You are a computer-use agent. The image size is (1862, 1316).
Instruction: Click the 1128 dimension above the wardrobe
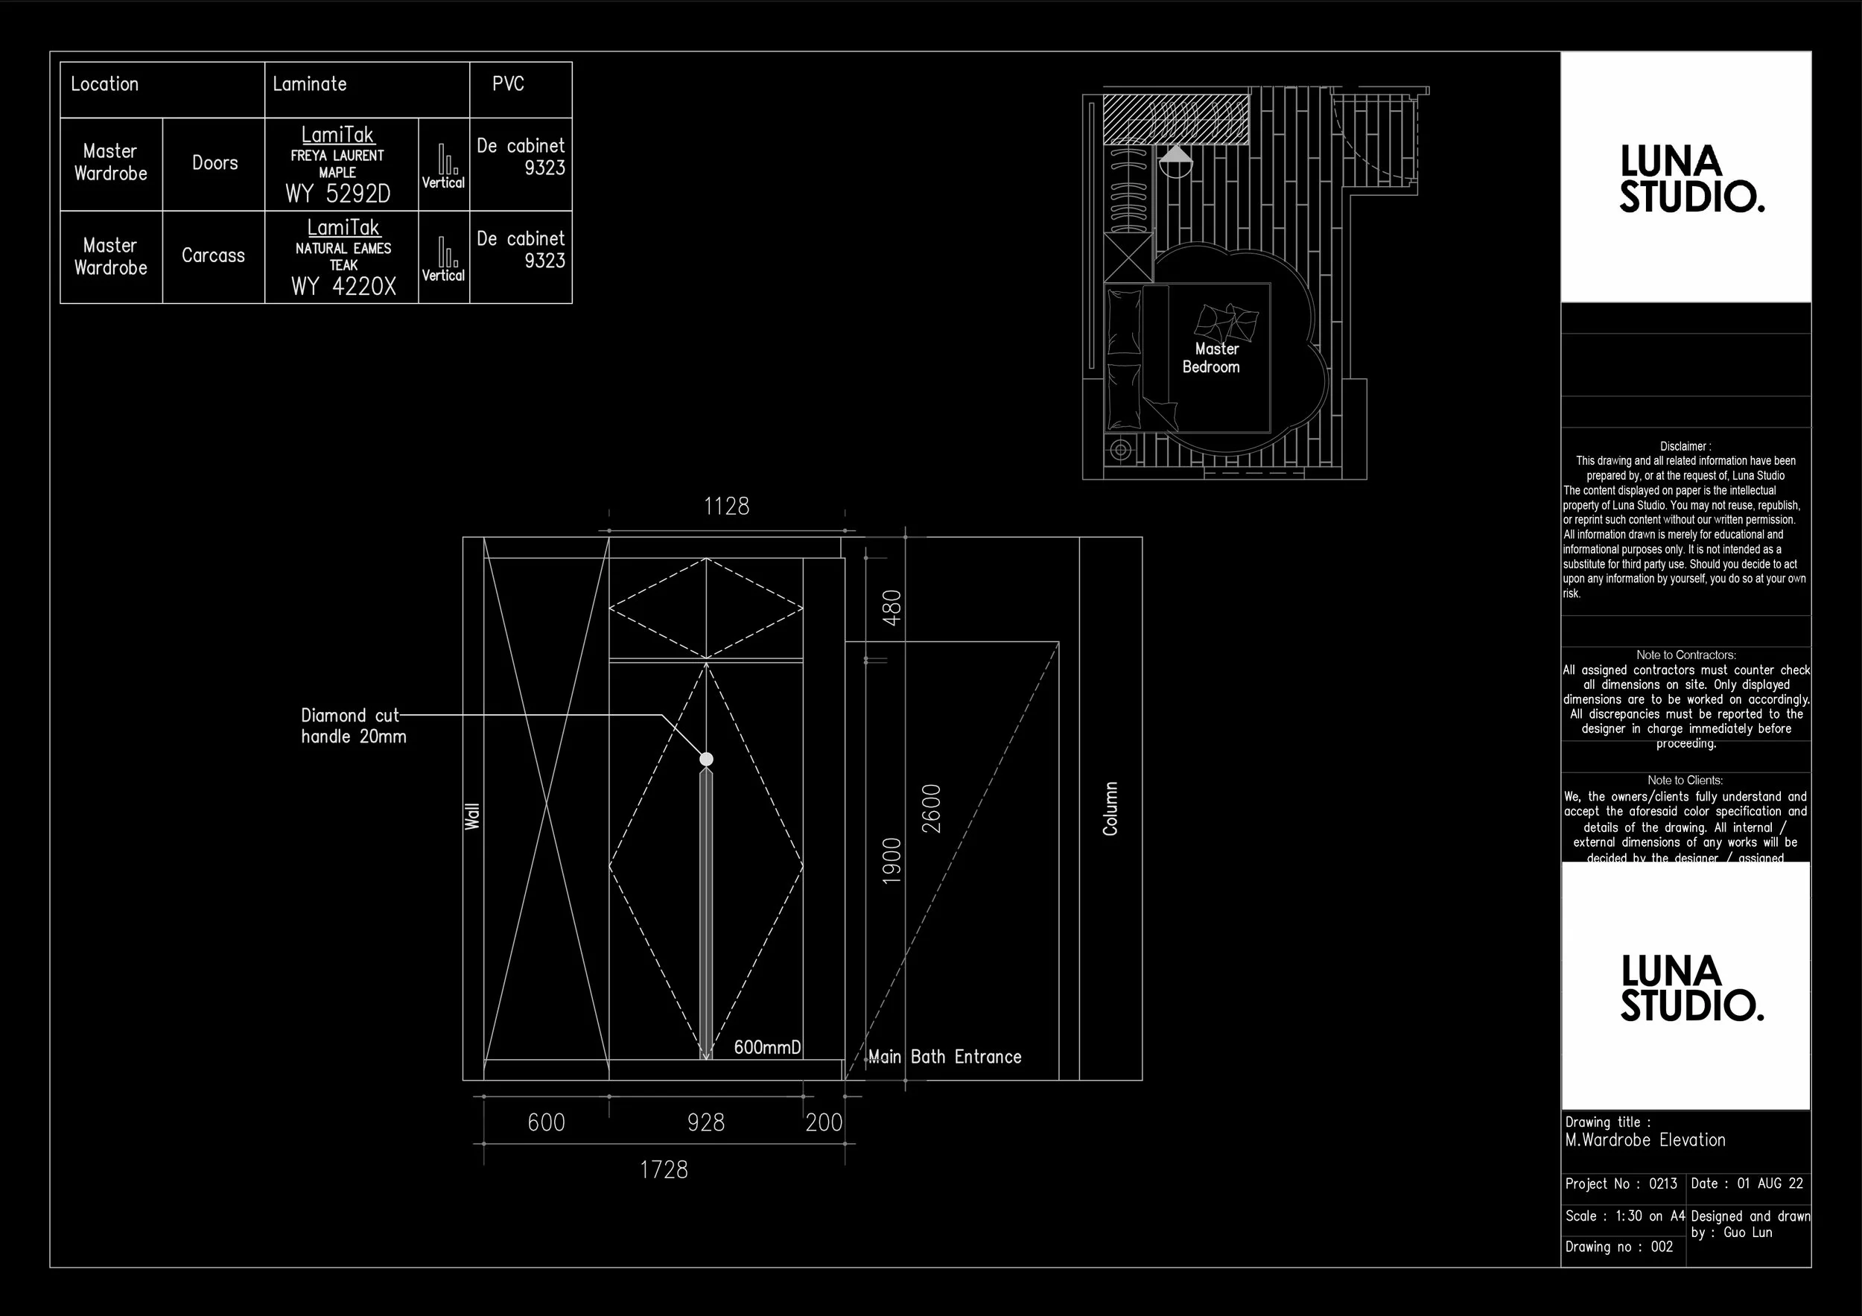(x=727, y=506)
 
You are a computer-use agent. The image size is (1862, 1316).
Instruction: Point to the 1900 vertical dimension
(x=892, y=860)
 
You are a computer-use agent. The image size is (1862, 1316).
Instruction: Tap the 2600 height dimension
(x=932, y=808)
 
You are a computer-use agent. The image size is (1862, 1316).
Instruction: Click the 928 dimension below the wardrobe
(x=705, y=1122)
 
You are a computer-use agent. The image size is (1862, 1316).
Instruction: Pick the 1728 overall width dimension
(x=664, y=1170)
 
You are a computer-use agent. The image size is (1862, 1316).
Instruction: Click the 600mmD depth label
(x=767, y=1047)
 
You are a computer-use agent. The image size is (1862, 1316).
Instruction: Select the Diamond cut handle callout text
(x=354, y=725)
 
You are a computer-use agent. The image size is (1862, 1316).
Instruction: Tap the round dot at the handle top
(x=706, y=759)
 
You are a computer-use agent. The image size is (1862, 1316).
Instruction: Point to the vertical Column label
(x=1110, y=808)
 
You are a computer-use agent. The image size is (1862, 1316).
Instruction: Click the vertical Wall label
(x=472, y=816)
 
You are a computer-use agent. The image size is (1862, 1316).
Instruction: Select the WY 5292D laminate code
(x=338, y=194)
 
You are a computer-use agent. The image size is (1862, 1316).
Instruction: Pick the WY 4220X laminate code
(x=343, y=286)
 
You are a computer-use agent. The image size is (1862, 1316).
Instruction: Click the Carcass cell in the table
(x=213, y=255)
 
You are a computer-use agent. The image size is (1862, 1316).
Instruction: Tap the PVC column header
(x=509, y=83)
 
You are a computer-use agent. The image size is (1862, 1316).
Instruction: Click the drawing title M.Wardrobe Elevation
(x=1645, y=1140)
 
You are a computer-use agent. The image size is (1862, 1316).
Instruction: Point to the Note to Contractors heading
(x=1685, y=655)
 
